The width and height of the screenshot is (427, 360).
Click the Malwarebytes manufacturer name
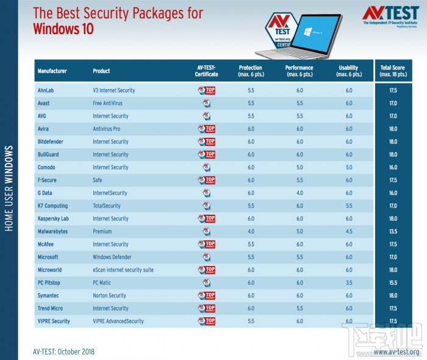(x=53, y=231)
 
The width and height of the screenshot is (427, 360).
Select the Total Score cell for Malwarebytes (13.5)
(x=393, y=231)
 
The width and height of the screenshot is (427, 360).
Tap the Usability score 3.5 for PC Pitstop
(x=349, y=283)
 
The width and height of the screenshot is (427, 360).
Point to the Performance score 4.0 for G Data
(x=300, y=193)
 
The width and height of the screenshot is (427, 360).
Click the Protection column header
(x=250, y=71)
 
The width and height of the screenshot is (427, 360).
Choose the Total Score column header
(x=393, y=71)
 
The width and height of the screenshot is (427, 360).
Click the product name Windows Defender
(x=112, y=257)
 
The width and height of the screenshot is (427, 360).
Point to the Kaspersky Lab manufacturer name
(x=53, y=218)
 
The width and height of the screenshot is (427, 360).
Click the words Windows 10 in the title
(x=63, y=28)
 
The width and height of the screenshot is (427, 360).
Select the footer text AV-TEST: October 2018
(x=64, y=351)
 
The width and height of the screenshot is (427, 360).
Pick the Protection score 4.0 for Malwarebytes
(x=250, y=231)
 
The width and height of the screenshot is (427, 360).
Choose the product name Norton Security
(x=109, y=295)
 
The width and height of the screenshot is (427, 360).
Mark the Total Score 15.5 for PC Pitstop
(x=393, y=283)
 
